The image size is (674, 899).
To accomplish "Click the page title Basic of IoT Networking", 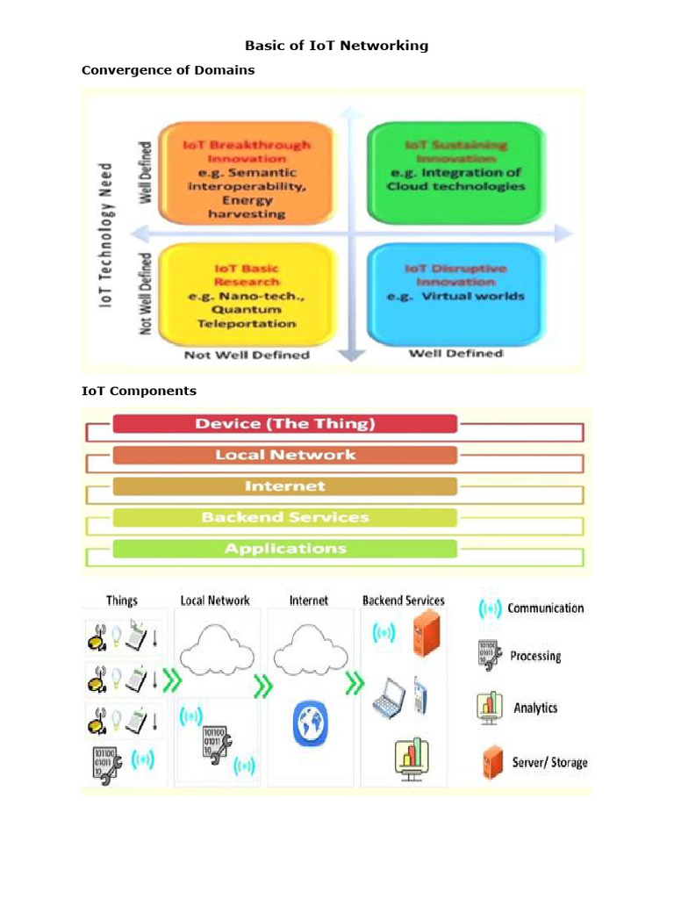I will (336, 46).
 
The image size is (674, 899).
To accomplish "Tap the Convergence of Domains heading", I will (168, 70).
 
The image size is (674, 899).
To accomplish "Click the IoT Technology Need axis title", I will (106, 234).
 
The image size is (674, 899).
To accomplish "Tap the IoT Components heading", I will (139, 391).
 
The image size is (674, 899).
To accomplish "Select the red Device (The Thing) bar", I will (284, 424).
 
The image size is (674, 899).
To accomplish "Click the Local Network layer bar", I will (284, 455).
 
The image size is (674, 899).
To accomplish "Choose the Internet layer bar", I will (284, 486).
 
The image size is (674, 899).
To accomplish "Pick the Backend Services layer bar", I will (284, 517).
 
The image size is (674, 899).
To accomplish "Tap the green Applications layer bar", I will (284, 549).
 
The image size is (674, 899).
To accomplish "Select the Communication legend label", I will (545, 608).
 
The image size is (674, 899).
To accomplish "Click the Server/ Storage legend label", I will (549, 762).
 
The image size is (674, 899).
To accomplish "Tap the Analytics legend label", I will (535, 708).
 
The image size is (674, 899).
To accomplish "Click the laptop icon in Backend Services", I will (389, 698).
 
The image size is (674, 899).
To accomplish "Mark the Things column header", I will (122, 601).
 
